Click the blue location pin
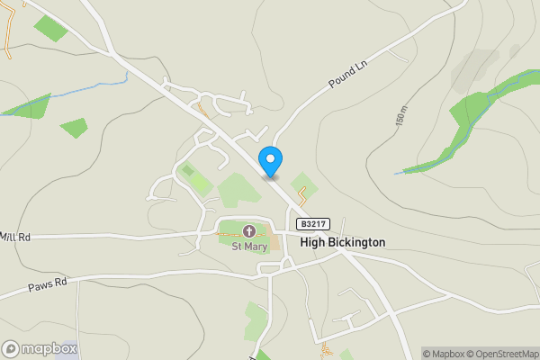click(270, 160)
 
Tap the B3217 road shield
click(314, 224)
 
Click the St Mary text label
click(247, 245)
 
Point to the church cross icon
click(247, 232)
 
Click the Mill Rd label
click(15, 237)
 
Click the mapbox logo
click(40, 348)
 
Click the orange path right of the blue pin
click(303, 194)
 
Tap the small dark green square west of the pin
click(187, 169)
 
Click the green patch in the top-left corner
click(50, 28)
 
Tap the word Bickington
click(355, 242)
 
